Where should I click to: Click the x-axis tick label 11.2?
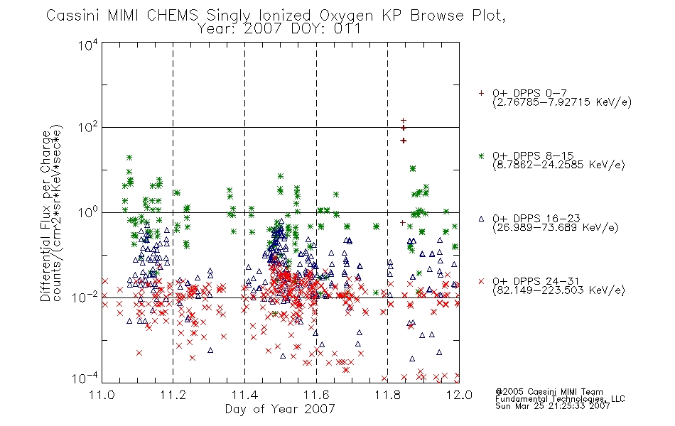pyautogui.click(x=173, y=395)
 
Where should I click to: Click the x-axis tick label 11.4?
pyautogui.click(x=244, y=395)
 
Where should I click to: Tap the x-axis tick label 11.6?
pyautogui.click(x=316, y=395)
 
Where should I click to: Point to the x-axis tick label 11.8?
pyautogui.click(x=388, y=395)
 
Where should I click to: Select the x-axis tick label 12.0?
pyautogui.click(x=459, y=395)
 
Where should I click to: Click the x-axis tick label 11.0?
pyautogui.click(x=102, y=395)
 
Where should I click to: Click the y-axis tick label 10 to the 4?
pyautogui.click(x=88, y=45)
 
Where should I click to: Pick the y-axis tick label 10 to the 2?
pyautogui.click(x=88, y=127)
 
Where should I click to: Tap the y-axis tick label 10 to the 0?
pyautogui.click(x=88, y=212)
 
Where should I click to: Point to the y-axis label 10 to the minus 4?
pyautogui.click(x=85, y=378)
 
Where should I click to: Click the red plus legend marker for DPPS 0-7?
pyautogui.click(x=481, y=93)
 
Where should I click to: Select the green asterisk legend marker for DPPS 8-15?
pyautogui.click(x=481, y=155)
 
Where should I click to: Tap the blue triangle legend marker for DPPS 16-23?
pyautogui.click(x=481, y=219)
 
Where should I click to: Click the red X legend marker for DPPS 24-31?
pyautogui.click(x=481, y=281)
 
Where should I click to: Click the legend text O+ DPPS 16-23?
pyautogui.click(x=536, y=218)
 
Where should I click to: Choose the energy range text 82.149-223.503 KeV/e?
pyautogui.click(x=558, y=290)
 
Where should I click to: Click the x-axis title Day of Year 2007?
pyautogui.click(x=280, y=409)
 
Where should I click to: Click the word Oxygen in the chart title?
pyautogui.click(x=346, y=16)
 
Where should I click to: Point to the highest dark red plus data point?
pyautogui.click(x=404, y=121)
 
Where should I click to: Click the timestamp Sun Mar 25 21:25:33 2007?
pyautogui.click(x=552, y=406)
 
